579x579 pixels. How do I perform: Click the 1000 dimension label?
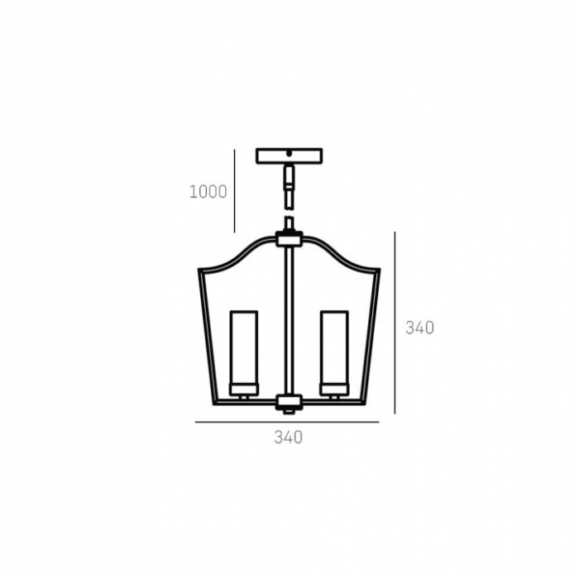tap(208, 192)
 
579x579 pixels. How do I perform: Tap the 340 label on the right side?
tap(420, 328)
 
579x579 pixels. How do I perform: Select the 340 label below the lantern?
tap(289, 438)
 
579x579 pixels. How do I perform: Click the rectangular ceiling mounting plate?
tap(289, 156)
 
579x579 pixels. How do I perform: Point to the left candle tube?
tap(244, 347)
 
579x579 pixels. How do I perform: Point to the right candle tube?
tap(334, 347)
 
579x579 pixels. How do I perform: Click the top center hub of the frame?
tap(289, 239)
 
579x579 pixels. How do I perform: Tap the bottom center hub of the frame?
tap(289, 402)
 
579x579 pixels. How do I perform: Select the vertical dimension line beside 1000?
tap(234, 191)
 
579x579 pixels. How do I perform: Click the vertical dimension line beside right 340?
tap(395, 323)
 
